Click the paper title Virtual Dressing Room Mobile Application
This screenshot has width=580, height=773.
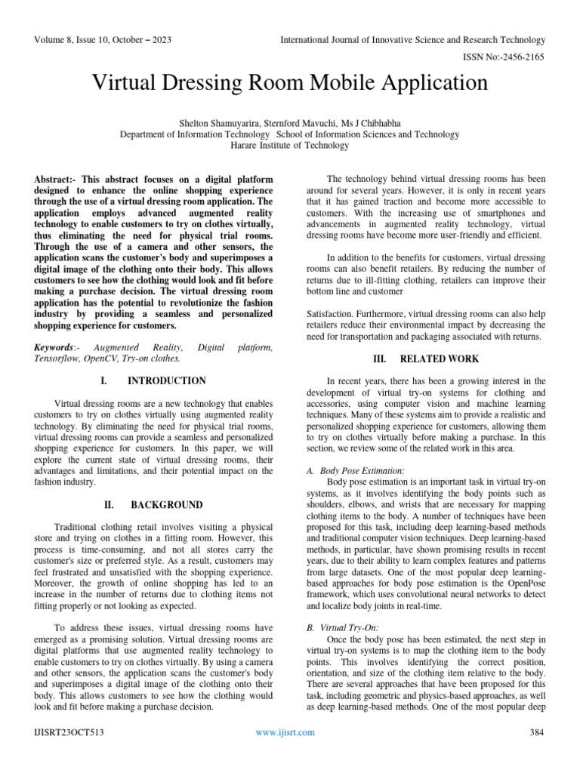(290, 84)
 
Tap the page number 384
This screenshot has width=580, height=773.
(538, 731)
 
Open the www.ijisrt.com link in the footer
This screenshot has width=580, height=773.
(285, 731)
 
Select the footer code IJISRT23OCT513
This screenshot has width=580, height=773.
(67, 731)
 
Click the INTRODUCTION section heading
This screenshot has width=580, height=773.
(167, 380)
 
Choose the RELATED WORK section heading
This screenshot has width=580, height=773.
(439, 359)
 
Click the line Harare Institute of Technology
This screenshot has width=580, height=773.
(290, 145)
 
